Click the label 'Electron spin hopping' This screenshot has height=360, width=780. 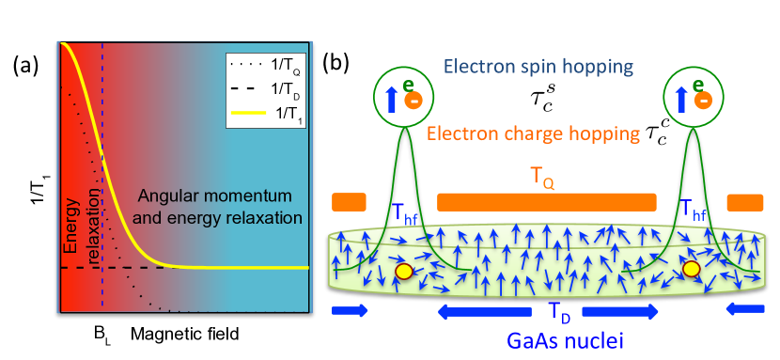point(538,67)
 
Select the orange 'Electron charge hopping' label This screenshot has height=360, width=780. point(533,133)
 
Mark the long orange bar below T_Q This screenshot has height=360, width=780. point(546,202)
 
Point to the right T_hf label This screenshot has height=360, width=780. point(694,208)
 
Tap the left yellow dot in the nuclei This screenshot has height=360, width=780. point(404,272)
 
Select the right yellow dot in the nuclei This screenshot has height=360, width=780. point(692,270)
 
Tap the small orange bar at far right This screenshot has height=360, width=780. point(745,202)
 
